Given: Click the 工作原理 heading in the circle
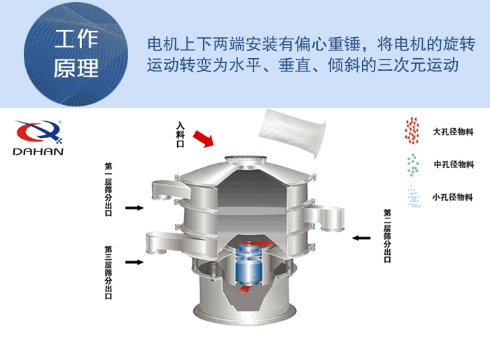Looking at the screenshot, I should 76,54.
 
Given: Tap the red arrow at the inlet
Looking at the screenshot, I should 203,138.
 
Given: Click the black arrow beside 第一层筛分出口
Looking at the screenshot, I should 134,208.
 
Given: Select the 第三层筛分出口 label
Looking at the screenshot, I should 108,272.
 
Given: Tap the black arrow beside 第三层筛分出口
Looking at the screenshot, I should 134,263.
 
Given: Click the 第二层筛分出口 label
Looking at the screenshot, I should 388,235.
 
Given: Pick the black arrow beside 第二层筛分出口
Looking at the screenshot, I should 361,238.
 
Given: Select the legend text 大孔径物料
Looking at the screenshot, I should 453,132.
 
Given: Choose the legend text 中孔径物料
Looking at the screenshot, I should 453,165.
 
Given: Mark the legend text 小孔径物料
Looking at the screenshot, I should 453,196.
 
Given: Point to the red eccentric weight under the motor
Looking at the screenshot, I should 246,288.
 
